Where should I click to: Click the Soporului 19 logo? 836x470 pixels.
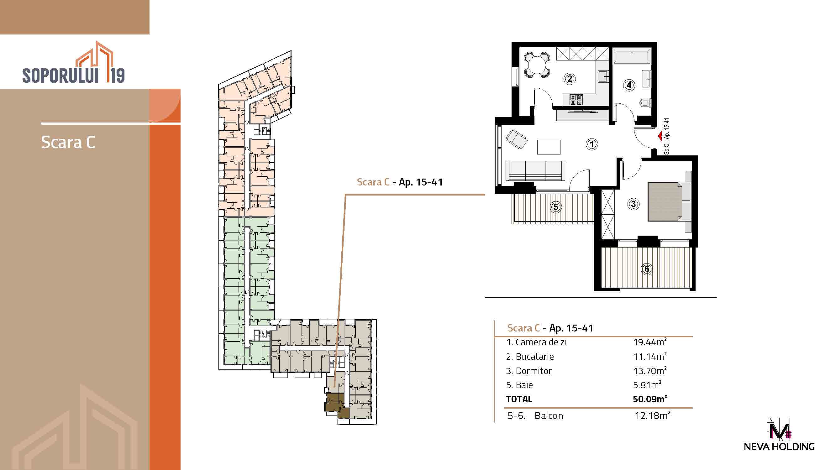(x=73, y=62)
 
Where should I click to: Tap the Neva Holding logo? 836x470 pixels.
(x=779, y=434)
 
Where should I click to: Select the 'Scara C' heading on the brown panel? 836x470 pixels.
(x=68, y=142)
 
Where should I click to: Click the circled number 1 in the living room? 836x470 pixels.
(x=592, y=144)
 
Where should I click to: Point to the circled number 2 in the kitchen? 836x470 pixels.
(x=570, y=79)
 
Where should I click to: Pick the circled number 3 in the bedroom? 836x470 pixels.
(x=633, y=204)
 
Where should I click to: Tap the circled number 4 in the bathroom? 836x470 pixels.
(x=629, y=85)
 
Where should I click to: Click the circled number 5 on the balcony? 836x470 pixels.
(x=555, y=206)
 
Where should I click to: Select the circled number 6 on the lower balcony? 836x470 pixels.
(x=647, y=269)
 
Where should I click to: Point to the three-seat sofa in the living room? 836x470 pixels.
(x=535, y=170)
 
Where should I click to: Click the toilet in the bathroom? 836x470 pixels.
(x=645, y=103)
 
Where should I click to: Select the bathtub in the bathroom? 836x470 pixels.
(x=632, y=56)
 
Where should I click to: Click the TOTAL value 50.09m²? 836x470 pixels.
(x=650, y=399)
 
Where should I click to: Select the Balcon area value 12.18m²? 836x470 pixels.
(x=653, y=415)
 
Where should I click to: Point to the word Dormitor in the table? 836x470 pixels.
(x=534, y=371)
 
